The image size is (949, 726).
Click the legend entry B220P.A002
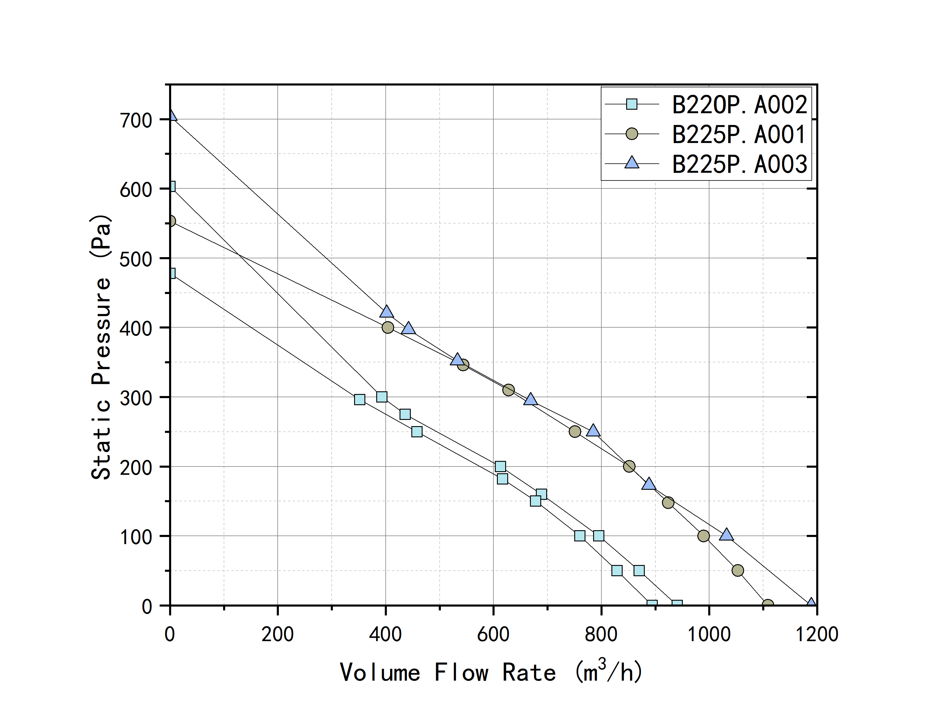pos(739,105)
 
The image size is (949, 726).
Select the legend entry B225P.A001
pos(739,134)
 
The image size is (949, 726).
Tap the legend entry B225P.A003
pos(739,164)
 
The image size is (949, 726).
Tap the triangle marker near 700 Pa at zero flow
pos(172,115)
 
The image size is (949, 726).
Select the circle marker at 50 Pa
pos(738,570)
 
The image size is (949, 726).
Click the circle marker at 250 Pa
pos(575,432)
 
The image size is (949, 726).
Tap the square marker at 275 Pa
pos(405,414)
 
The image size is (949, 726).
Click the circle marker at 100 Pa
pos(703,536)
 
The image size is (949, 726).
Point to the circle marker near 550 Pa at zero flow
pos(171,221)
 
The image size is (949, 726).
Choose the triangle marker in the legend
pos(632,163)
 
